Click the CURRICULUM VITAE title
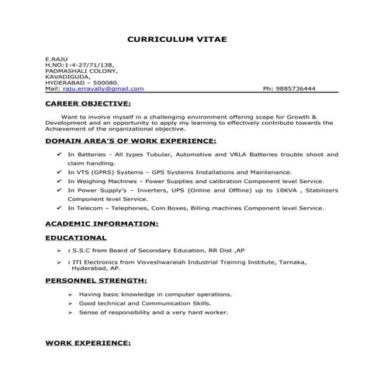(177, 38)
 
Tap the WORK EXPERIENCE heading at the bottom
(88, 342)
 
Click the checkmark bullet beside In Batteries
(61, 155)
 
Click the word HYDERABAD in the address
(67, 83)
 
